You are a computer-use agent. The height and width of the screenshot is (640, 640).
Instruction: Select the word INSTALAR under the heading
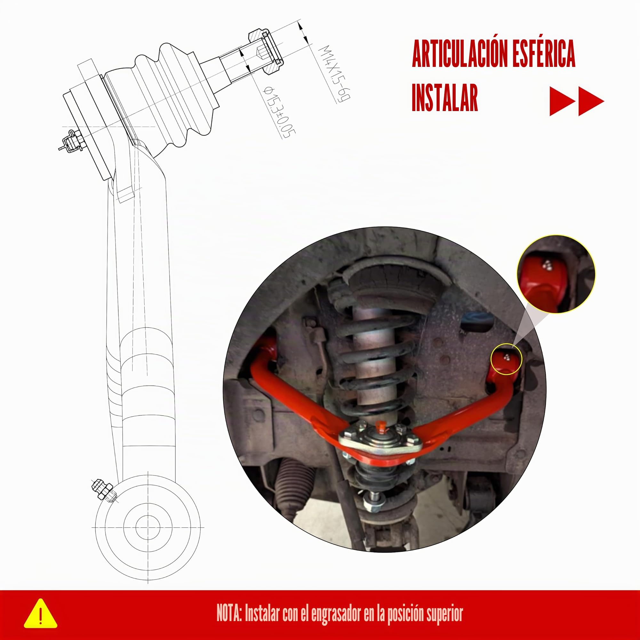point(445,98)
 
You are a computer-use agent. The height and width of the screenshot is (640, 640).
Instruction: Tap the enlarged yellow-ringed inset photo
point(556,275)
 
